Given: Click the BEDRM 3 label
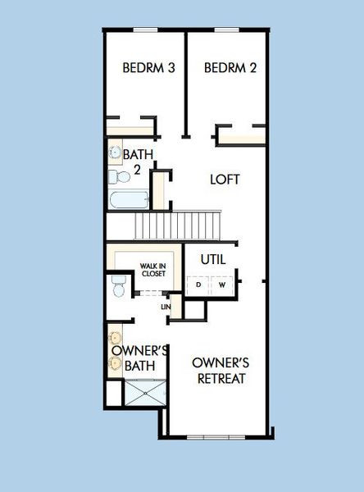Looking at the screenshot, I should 148,68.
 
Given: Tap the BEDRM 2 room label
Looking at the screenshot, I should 230,68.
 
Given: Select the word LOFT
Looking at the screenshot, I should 225,179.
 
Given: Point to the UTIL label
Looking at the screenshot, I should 213,259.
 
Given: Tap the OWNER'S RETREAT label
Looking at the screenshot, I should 220,371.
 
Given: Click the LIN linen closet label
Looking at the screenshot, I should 166,307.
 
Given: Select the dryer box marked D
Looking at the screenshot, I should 198,285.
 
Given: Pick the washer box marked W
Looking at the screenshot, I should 222,285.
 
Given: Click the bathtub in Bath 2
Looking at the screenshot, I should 128,200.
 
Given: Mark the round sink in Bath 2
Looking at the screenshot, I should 115,153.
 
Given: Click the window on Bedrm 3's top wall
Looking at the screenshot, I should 145,30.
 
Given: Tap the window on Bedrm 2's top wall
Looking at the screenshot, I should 226,30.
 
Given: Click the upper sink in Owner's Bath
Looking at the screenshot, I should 114,337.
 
